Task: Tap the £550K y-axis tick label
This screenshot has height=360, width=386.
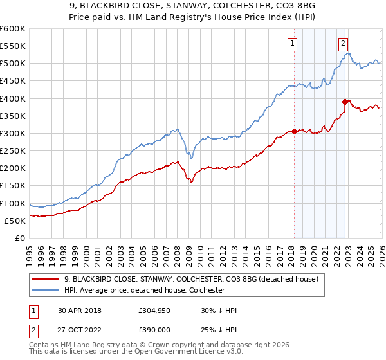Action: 13,46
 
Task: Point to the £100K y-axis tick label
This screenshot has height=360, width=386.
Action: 13,203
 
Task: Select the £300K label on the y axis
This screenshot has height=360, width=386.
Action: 13,133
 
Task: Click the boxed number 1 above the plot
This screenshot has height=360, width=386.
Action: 293,44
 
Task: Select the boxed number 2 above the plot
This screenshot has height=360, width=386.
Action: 344,44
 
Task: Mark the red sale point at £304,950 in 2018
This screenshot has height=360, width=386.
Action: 294,131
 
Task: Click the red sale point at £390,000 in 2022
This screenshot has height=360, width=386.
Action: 345,101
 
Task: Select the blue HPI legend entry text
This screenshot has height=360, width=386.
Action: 144,291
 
